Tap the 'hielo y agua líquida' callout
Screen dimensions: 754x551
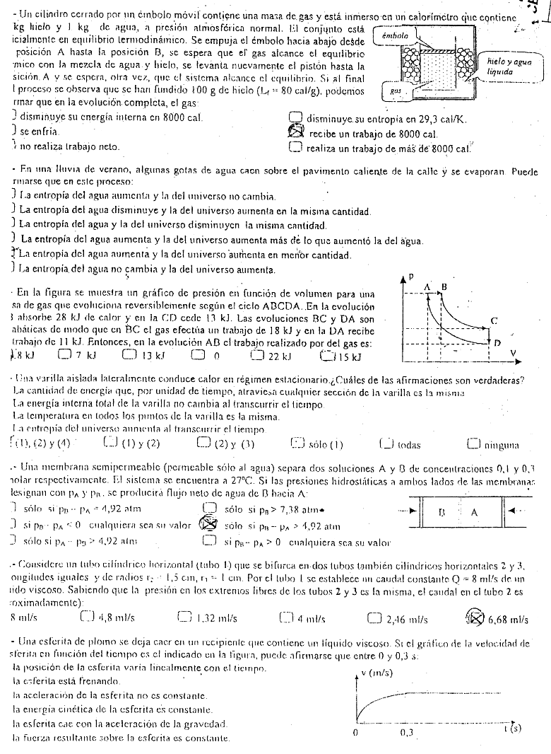tap(504, 67)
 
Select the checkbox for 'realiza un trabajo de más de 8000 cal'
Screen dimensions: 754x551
tap(297, 148)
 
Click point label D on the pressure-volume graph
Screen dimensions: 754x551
tap(497, 343)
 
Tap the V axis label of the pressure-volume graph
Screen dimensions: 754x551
tap(513, 352)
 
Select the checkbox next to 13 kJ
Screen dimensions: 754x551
tap(128, 355)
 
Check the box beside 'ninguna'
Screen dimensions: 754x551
tap(473, 444)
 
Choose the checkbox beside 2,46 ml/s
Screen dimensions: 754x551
tap(375, 618)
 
